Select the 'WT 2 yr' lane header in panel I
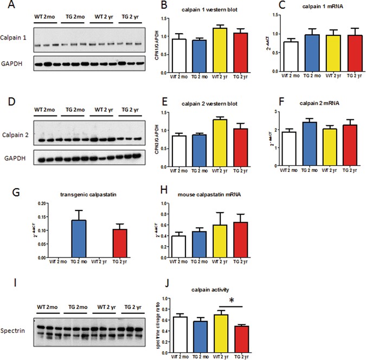click(102, 301)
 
